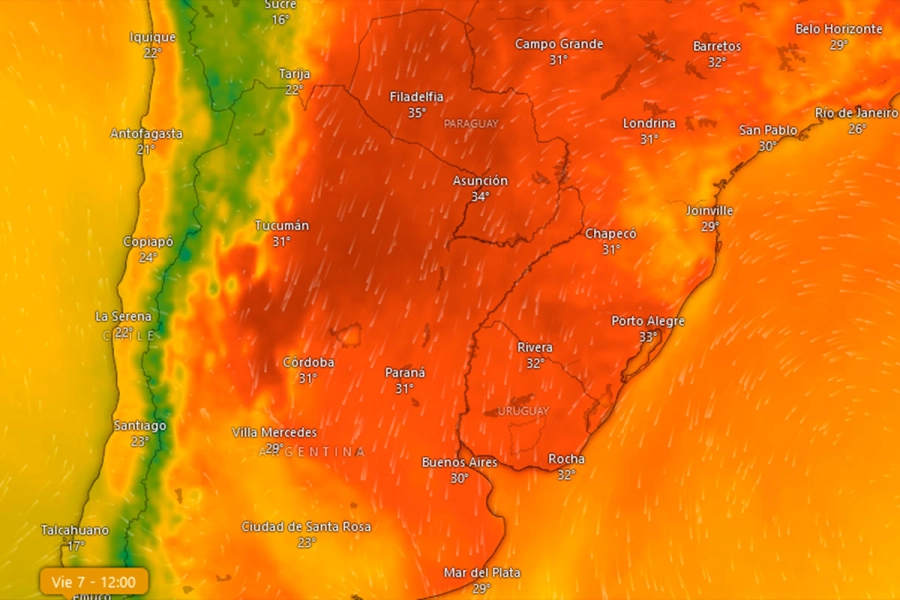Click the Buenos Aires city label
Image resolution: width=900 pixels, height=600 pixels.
click(x=459, y=462)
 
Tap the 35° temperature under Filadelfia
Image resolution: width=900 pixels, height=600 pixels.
click(x=417, y=113)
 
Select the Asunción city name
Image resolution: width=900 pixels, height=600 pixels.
click(x=480, y=181)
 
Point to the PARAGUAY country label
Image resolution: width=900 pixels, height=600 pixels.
click(x=470, y=123)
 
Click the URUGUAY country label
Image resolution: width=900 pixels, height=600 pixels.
click(x=523, y=411)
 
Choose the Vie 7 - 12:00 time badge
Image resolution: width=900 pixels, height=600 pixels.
click(x=94, y=581)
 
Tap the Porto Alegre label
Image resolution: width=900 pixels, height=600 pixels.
click(x=648, y=321)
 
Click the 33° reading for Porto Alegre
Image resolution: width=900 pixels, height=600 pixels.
click(x=648, y=337)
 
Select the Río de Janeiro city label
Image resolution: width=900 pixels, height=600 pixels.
click(x=856, y=113)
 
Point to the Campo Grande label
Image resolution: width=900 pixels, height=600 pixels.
click(x=559, y=44)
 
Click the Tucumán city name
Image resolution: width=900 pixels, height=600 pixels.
click(x=282, y=226)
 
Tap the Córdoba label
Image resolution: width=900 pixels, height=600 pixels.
click(x=308, y=362)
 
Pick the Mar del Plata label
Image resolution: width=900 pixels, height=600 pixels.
click(x=482, y=573)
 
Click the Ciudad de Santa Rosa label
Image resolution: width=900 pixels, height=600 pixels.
click(x=306, y=527)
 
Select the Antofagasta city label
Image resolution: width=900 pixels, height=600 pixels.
click(x=147, y=133)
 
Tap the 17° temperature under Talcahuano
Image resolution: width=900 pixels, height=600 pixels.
click(x=75, y=546)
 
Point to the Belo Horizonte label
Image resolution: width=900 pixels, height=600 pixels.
click(x=839, y=29)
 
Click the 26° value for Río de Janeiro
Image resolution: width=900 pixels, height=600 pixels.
click(x=857, y=129)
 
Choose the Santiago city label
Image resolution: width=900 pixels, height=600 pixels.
click(x=140, y=426)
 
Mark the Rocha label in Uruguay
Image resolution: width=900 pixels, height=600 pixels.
click(x=566, y=459)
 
